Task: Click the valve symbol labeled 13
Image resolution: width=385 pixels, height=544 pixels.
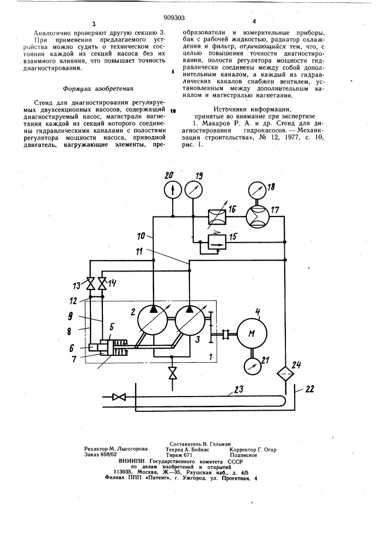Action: pos(90,284)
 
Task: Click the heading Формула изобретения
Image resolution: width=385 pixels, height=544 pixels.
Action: pos(98,89)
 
